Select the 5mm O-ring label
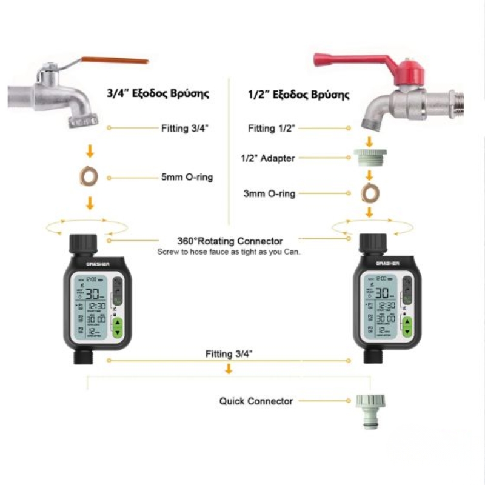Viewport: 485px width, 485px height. click(187, 178)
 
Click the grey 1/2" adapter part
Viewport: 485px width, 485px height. click(370, 159)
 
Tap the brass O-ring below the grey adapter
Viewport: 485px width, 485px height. click(369, 194)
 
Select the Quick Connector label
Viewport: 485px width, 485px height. click(256, 401)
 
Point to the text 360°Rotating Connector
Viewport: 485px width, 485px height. click(230, 241)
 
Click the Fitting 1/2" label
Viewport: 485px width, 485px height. click(272, 129)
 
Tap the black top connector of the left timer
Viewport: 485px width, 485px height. click(82, 244)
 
